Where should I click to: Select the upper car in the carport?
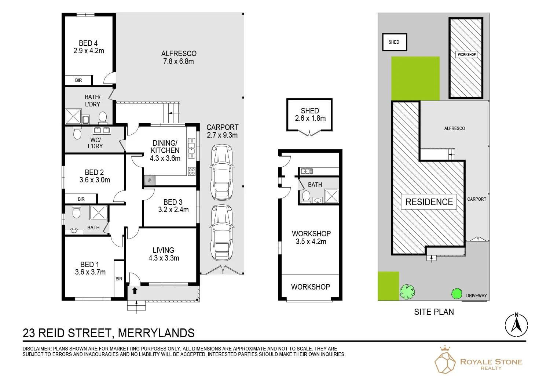coord(221,172)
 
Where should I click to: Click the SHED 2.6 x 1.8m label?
coord(310,114)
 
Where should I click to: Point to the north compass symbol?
coord(516,325)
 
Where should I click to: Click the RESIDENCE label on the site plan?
coord(429,202)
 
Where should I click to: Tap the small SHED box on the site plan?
coord(394,42)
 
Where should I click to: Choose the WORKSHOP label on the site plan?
coord(466,54)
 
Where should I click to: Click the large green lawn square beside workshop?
coord(415,78)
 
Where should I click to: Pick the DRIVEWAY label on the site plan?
coord(476,295)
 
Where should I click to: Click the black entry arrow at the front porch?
coord(135,291)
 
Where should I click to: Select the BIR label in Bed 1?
coord(119,279)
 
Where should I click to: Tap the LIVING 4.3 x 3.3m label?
coord(164,254)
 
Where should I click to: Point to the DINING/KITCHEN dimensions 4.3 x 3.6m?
coord(165,158)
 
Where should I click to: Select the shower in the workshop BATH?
coord(331,196)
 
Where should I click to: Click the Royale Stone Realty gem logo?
coord(445,361)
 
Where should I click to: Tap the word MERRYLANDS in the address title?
coord(156,333)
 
